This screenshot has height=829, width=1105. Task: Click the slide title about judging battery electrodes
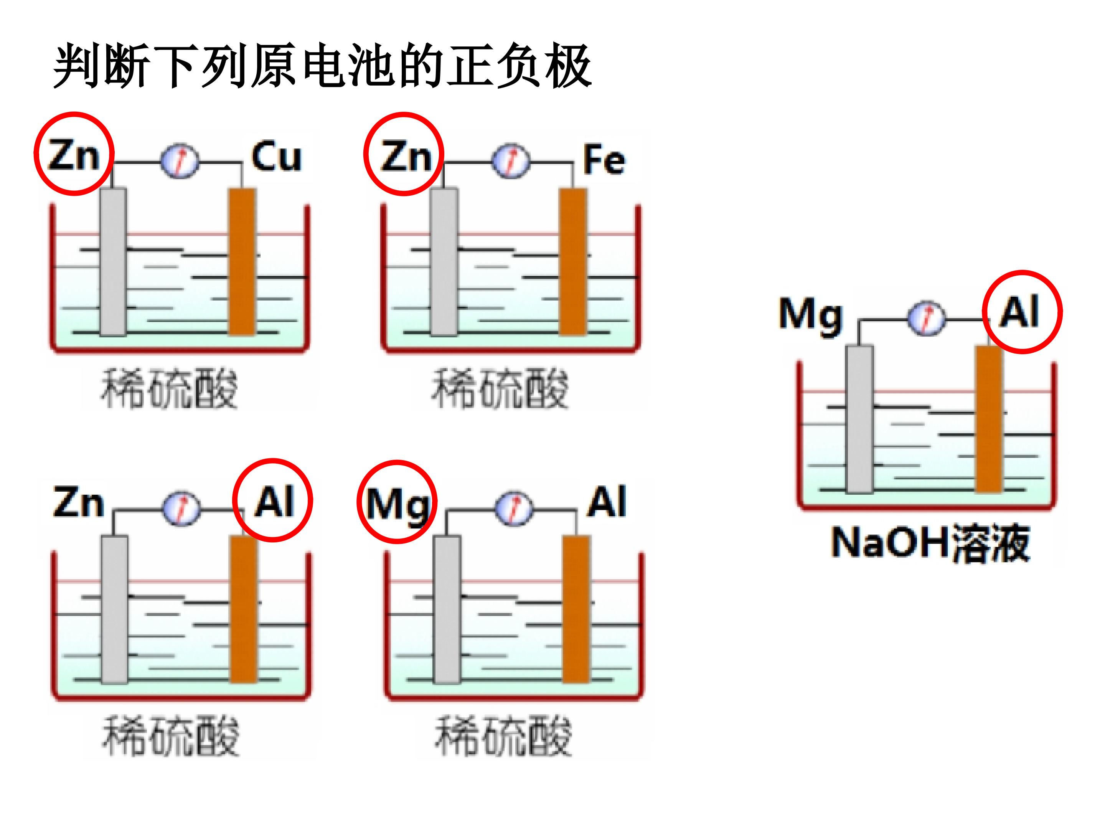coord(322,66)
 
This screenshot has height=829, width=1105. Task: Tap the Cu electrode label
coord(276,157)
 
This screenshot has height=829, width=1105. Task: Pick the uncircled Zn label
coord(78,502)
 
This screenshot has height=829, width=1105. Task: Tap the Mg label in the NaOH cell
coord(810,316)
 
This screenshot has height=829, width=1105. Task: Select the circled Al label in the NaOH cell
coord(1019,311)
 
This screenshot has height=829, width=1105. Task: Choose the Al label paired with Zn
coord(274,501)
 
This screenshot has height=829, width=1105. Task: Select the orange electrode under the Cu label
coord(242,261)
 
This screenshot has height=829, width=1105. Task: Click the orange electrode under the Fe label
coord(573,261)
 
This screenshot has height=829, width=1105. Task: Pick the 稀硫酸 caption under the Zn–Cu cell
coord(170,389)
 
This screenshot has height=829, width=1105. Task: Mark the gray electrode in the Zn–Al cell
coord(114,609)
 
